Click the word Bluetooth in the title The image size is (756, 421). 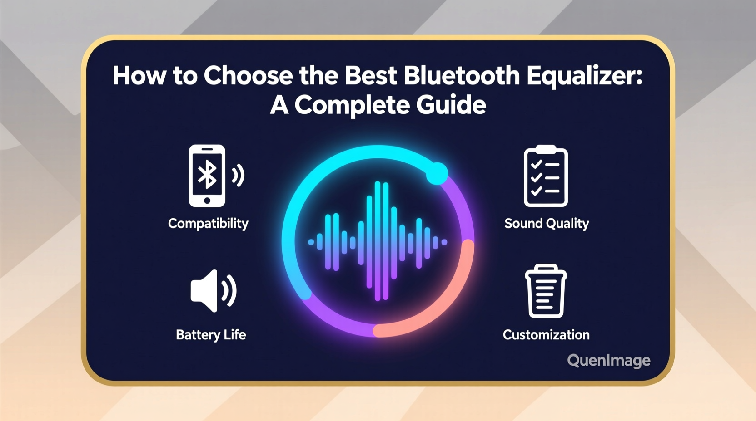tap(461, 76)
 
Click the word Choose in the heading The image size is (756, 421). tap(248, 76)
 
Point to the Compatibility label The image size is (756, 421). tap(208, 223)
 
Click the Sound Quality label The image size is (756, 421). tap(547, 223)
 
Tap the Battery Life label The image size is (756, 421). tap(211, 335)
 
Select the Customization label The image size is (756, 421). tap(546, 335)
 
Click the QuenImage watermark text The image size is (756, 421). tap(608, 361)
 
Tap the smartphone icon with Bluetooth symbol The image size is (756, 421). tap(207, 176)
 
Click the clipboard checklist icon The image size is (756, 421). tap(546, 176)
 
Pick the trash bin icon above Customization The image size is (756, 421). tap(546, 291)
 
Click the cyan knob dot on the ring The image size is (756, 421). tap(437, 173)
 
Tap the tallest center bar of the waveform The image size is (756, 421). tap(378, 241)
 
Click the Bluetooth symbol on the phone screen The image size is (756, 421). tap(207, 174)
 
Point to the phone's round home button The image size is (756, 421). tap(207, 201)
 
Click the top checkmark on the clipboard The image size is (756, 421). tap(536, 164)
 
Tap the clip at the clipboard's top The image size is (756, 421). tap(546, 149)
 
